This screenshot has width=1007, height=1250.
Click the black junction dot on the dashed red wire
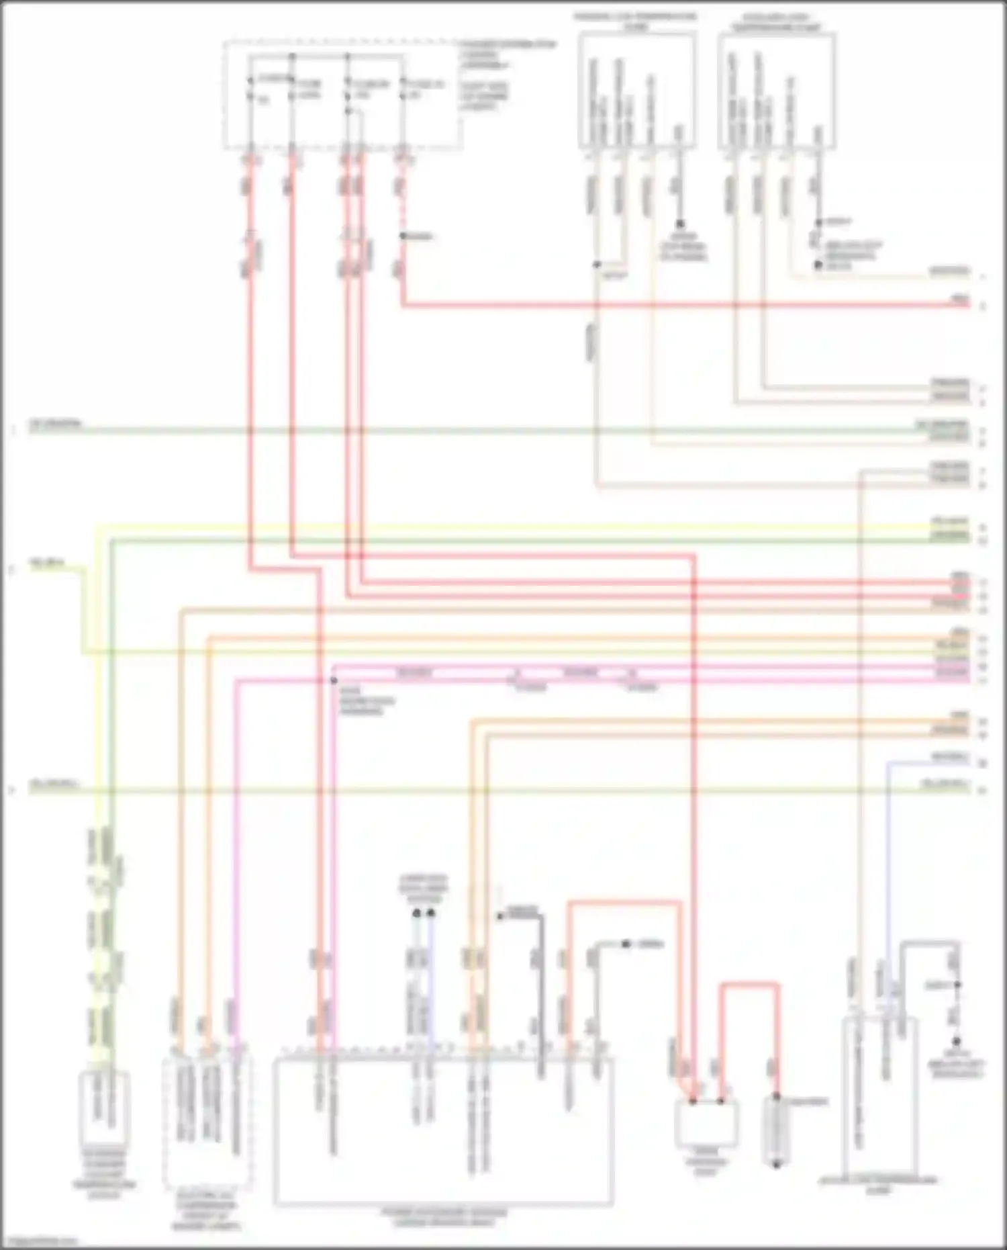(403, 236)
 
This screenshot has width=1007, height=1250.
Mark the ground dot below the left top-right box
(679, 224)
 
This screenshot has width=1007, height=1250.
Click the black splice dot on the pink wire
(334, 680)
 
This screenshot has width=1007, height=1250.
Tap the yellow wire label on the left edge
(46, 564)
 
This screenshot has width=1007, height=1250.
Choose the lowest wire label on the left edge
(54, 784)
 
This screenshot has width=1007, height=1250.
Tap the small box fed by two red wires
(706, 1123)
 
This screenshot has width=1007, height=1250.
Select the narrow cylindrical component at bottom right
(776, 1131)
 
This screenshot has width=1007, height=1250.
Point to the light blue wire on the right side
(887, 873)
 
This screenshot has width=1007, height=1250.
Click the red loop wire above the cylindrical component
(750, 985)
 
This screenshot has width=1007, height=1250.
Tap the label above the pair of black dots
(423, 889)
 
